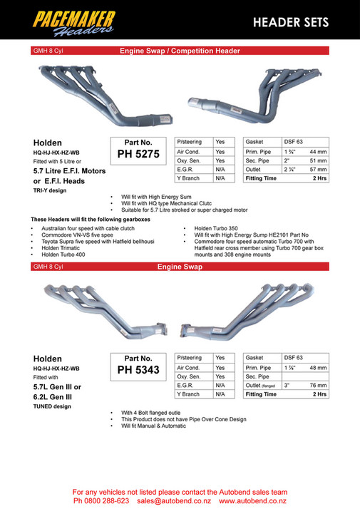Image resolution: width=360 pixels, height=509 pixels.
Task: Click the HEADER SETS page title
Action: (291, 22)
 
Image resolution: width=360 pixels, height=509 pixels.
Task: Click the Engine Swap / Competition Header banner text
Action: (180, 51)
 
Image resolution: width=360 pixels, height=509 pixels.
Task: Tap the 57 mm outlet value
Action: (318, 170)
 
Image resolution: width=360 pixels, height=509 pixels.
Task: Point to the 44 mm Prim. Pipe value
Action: (318, 152)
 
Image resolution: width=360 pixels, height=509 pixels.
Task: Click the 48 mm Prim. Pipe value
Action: (318, 366)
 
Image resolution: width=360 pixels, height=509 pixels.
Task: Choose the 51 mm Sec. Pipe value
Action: (318, 161)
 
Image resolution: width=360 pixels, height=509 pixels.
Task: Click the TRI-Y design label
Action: (49, 191)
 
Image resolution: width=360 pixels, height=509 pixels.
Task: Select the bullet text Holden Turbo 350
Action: (215, 228)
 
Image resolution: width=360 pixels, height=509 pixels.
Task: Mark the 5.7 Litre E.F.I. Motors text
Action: (69, 171)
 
